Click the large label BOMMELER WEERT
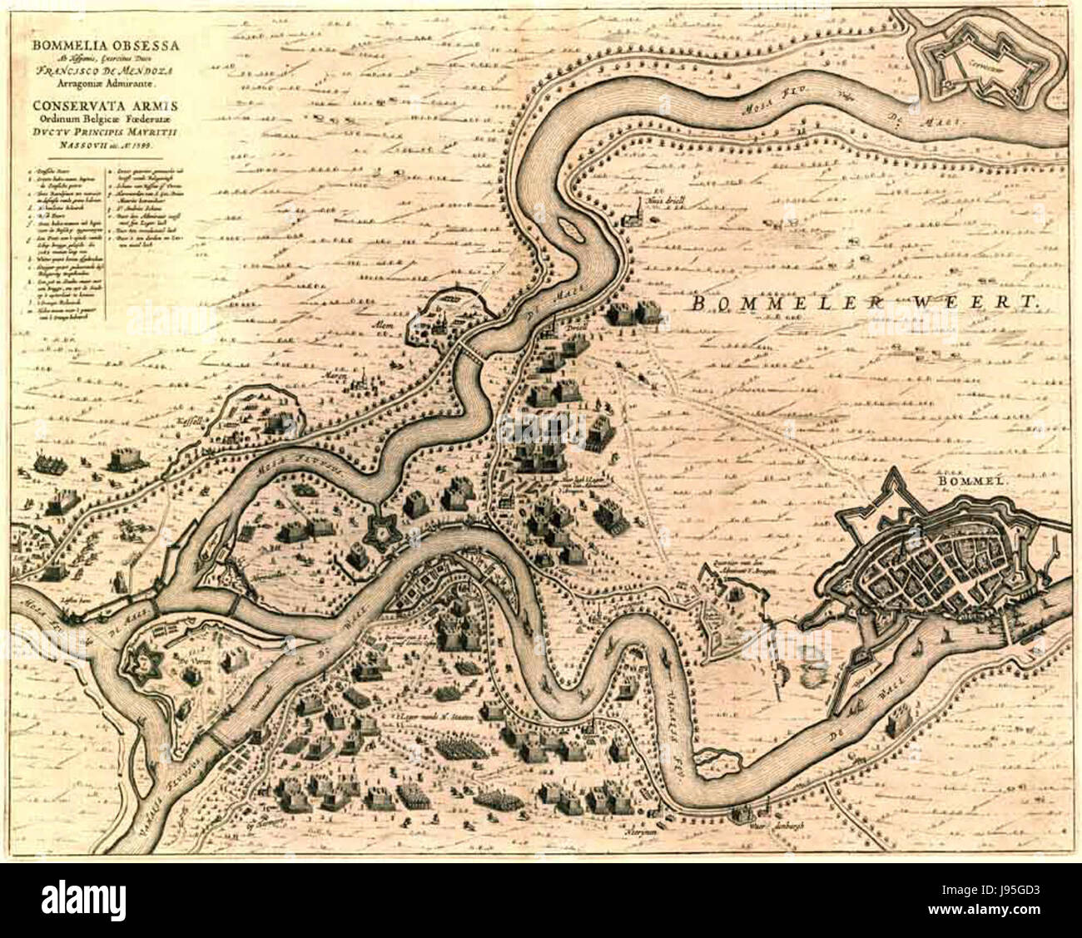865,304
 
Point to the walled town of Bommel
932,565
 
